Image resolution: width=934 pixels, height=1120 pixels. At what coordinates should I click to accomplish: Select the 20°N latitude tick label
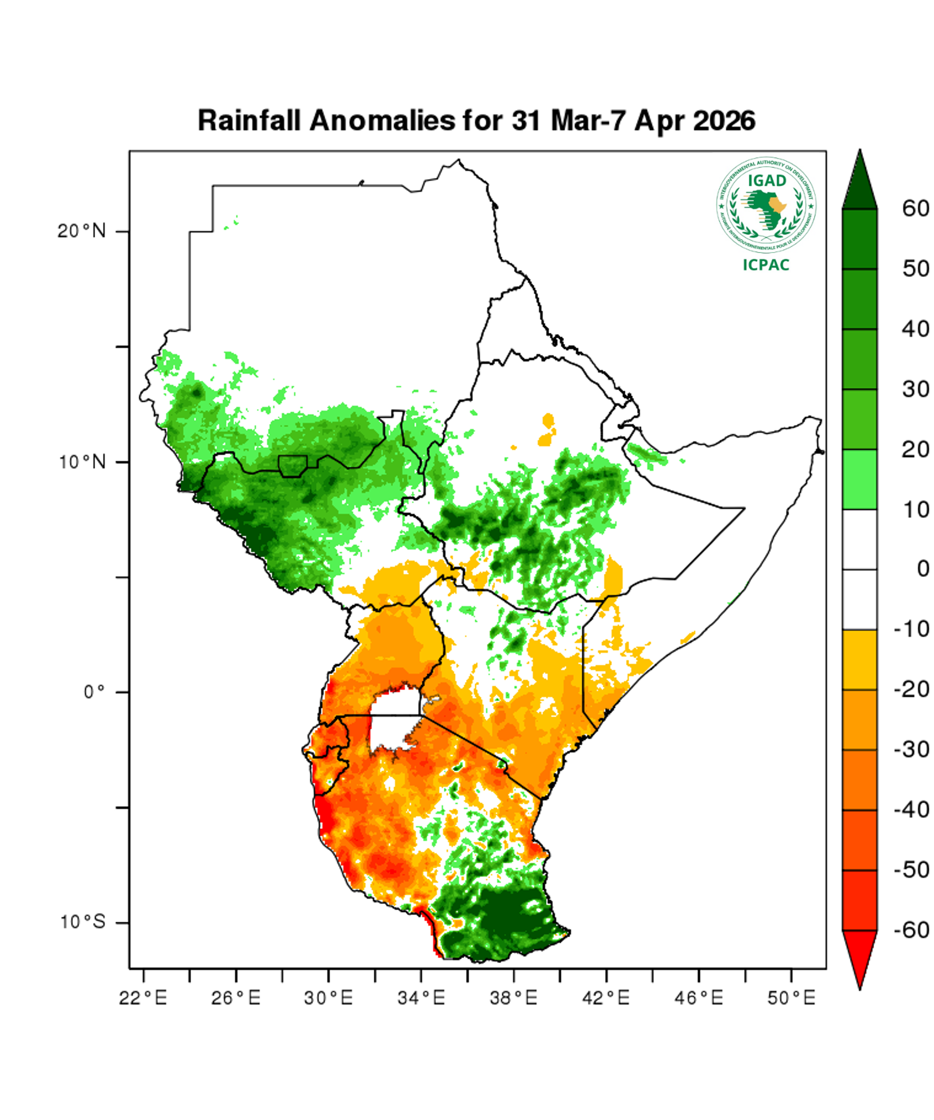[x=82, y=232]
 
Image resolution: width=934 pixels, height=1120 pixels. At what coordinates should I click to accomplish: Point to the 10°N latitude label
[x=82, y=462]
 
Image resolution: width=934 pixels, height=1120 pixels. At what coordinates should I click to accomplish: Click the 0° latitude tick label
[x=94, y=692]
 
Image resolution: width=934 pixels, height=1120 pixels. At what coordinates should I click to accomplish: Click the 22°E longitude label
[x=143, y=998]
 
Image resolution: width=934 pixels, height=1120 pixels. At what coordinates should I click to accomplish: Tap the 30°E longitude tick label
[x=328, y=998]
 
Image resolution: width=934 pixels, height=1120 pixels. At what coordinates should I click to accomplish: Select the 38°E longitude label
[x=514, y=998]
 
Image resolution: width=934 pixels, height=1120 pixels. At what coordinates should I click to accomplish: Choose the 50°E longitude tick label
[x=791, y=998]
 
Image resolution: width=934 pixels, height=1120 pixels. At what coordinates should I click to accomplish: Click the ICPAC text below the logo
[x=766, y=265]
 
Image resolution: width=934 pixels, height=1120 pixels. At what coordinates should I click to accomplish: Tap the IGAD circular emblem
[x=766, y=205]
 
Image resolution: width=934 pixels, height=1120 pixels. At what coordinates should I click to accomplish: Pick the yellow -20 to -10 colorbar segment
[x=859, y=660]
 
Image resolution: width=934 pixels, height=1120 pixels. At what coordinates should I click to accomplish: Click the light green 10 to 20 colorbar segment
[x=859, y=479]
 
